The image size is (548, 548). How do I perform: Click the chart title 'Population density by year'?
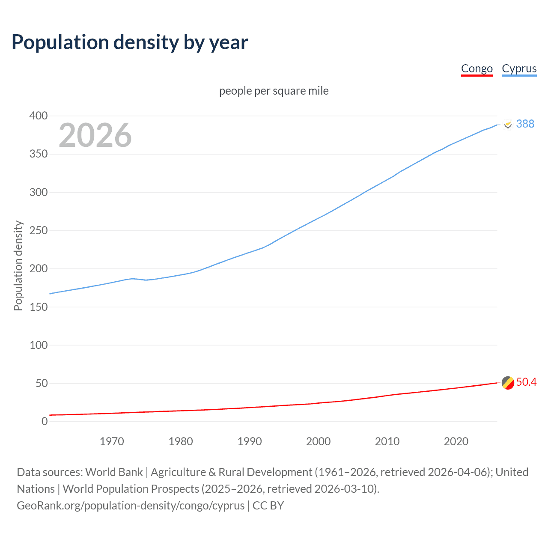coord(130,42)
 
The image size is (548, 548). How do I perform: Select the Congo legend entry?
coord(477,69)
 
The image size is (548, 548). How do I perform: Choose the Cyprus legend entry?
coord(519,69)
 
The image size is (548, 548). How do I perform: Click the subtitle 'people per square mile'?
coord(274,91)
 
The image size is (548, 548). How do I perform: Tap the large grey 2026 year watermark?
coord(95,135)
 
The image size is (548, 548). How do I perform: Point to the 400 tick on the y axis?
coord(39,116)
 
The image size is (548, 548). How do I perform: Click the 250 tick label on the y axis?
coord(39,231)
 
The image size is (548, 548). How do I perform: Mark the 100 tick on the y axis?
coord(39,345)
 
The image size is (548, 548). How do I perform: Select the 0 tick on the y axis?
coord(45,422)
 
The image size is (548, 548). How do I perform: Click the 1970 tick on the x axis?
coord(112,441)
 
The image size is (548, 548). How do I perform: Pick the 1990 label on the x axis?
coord(250,441)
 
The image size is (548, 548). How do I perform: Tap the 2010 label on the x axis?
coord(387,441)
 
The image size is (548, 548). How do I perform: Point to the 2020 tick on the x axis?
coord(456,441)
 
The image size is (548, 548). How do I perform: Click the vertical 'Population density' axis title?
coord(18,265)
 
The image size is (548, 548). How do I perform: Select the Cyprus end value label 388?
coord(525,124)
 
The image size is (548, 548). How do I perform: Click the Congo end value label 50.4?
coord(526,382)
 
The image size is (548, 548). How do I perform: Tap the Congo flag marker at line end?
coord(508,383)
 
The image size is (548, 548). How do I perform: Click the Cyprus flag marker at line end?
coord(508,125)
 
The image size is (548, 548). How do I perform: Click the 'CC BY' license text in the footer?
coord(268,506)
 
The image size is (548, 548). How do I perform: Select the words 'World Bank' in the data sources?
coord(114,472)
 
